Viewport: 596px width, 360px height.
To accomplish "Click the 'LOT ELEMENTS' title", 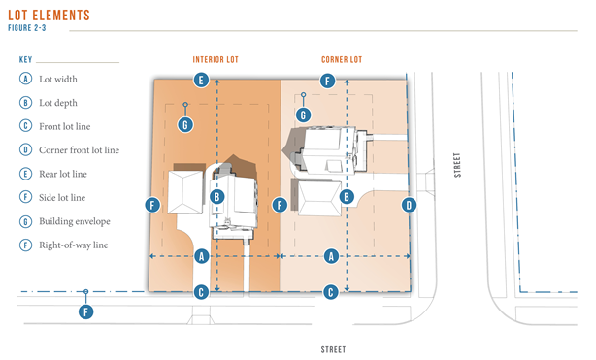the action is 50,16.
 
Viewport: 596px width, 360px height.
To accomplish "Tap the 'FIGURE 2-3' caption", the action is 27,28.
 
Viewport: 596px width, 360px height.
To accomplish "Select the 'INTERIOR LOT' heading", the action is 215,60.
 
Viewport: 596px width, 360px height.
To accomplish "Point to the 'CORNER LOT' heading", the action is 342,60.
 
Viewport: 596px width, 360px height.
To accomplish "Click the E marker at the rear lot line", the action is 201,81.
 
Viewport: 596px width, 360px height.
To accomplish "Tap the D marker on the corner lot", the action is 409,206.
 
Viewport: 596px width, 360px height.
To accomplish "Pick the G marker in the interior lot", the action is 185,124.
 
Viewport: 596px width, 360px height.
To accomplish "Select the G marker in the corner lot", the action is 303,115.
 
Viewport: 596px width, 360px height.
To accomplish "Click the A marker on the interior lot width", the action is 202,256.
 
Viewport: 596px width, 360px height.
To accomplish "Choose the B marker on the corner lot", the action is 347,197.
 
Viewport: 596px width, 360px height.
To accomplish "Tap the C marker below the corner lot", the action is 331,292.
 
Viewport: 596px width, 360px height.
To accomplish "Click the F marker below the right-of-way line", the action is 85,312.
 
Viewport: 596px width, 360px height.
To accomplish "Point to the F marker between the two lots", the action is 280,206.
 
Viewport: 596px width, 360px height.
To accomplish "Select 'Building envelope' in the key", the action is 75,221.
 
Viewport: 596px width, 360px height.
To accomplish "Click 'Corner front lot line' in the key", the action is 79,150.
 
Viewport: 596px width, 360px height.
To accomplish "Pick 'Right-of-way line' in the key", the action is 74,245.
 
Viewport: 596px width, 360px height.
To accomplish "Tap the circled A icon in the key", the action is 25,79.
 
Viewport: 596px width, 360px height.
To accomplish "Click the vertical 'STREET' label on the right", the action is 457,165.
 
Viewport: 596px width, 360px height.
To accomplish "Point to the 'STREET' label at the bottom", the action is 333,349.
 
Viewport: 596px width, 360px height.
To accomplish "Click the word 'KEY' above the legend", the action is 25,60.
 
